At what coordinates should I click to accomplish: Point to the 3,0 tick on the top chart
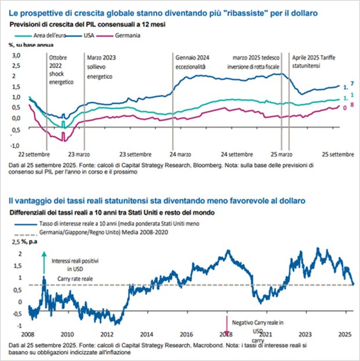pos(16,55)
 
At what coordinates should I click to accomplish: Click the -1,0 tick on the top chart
pos(16,145)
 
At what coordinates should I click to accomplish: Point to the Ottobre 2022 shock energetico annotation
pos(61,70)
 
